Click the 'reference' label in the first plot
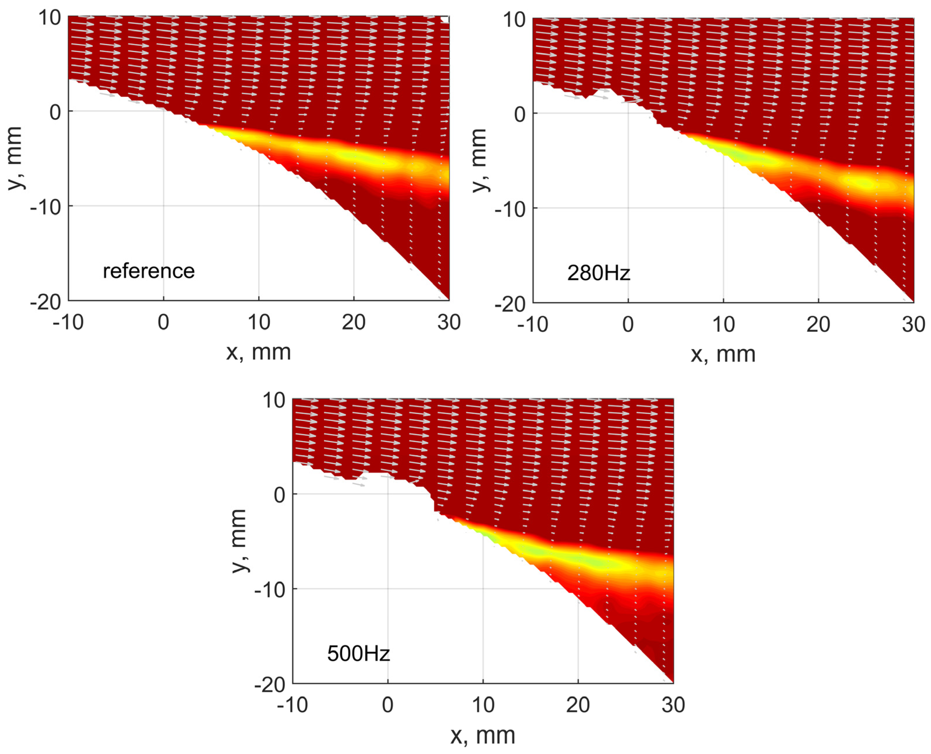pos(149,271)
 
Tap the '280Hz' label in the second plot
pos(598,273)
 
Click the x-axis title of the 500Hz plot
pos(483,735)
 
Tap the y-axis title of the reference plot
pos(14,158)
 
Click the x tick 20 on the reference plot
pos(354,322)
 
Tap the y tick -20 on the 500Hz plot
pos(269,685)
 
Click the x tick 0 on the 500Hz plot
pos(388,705)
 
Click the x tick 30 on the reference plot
pos(449,322)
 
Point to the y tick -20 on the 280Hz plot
pos(510,305)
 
